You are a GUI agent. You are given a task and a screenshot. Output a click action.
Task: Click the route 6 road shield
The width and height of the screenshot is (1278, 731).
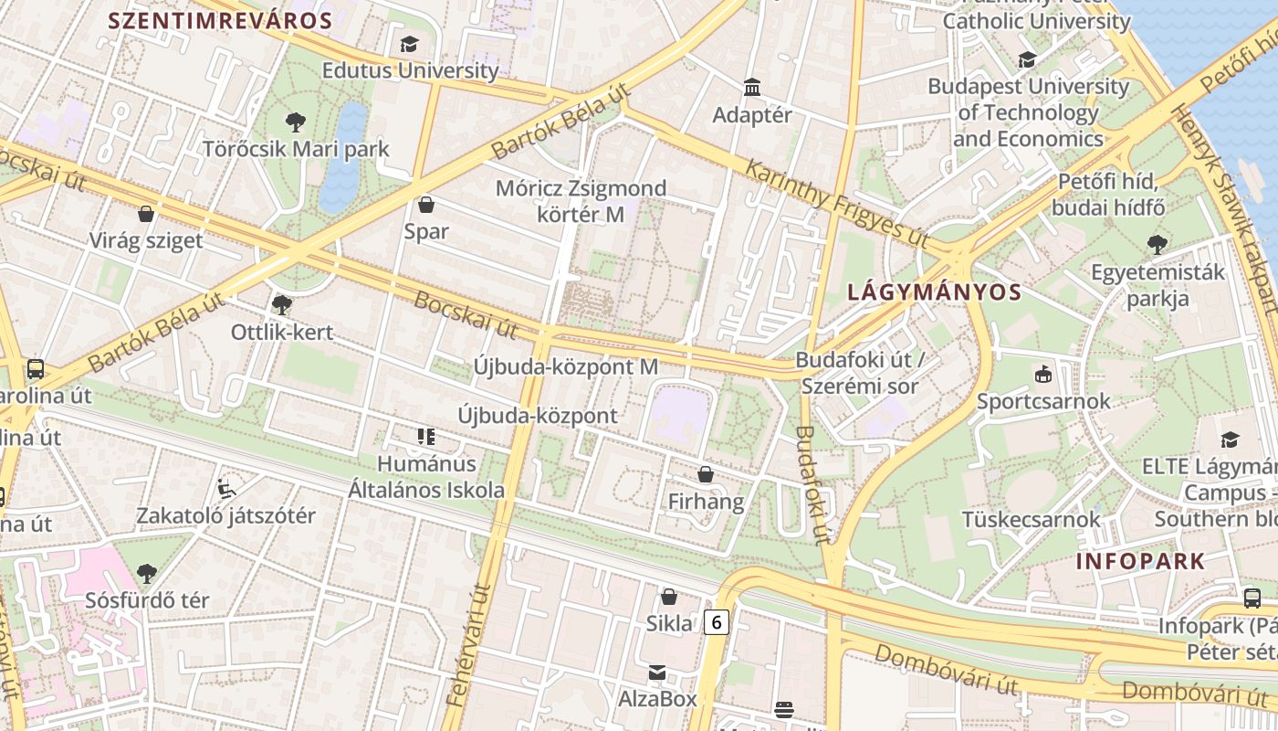click(x=718, y=622)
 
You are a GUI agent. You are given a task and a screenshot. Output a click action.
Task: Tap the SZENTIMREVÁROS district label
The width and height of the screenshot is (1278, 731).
click(x=220, y=20)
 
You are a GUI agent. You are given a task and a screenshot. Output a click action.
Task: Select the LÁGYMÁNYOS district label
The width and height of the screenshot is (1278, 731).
click(x=934, y=292)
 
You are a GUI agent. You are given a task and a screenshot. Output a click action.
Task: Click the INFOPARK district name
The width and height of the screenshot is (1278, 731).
click(x=1140, y=561)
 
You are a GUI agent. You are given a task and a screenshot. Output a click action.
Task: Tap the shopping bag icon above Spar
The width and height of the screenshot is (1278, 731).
click(x=425, y=205)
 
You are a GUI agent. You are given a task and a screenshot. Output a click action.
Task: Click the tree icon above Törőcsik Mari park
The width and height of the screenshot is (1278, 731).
click(x=295, y=122)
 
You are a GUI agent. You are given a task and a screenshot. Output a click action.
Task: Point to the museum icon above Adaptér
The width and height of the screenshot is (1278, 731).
click(x=752, y=88)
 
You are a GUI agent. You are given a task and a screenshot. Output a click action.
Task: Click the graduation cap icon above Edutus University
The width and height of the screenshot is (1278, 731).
click(x=409, y=44)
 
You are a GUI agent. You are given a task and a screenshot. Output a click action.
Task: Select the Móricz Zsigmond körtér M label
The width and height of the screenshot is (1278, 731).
click(x=581, y=201)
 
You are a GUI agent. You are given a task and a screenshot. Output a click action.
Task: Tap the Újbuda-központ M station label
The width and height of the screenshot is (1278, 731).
click(x=565, y=366)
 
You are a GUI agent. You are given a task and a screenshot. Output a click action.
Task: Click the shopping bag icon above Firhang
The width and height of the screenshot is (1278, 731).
click(x=706, y=474)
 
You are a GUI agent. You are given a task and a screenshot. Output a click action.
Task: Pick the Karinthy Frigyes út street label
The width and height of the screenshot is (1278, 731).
click(x=836, y=203)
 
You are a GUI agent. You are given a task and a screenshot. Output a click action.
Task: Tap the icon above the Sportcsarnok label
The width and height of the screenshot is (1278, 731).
click(x=1043, y=374)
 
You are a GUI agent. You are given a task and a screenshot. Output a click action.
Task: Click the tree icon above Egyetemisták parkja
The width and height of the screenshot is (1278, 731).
click(x=1158, y=244)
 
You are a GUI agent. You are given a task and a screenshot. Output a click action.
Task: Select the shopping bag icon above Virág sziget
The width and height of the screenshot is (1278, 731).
click(x=146, y=214)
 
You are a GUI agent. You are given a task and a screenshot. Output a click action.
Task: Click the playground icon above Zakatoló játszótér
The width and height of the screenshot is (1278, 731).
click(x=226, y=488)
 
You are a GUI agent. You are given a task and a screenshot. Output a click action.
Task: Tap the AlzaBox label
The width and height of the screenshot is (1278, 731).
click(x=657, y=699)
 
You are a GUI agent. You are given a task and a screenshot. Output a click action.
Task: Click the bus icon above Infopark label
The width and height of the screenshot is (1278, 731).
click(x=1252, y=599)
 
